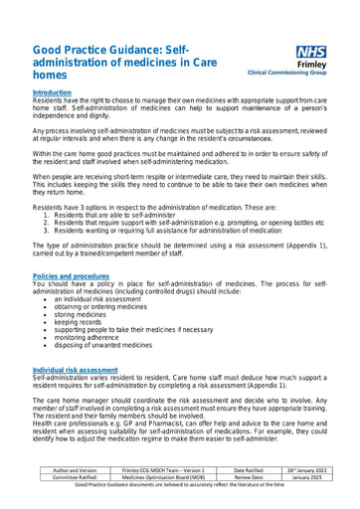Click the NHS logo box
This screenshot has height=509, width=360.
point(310,52)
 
